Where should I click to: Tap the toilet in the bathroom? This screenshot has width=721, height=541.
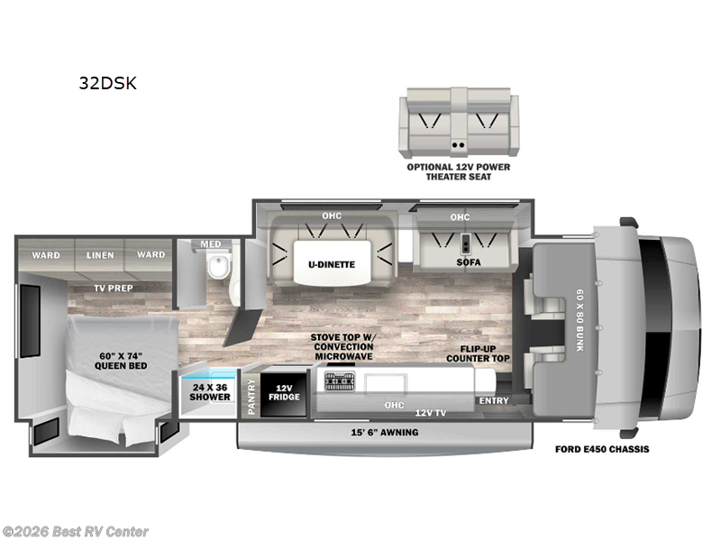point(215,267)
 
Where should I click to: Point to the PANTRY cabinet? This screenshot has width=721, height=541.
point(251,395)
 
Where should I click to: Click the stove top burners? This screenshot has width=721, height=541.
point(340,382)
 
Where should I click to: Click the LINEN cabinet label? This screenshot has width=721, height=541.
point(99,255)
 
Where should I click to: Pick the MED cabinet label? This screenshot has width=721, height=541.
point(210,243)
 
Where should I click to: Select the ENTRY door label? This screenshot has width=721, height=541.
point(493,400)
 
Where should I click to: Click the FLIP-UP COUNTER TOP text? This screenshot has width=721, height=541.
point(478,353)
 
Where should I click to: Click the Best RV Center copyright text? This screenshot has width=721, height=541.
point(76,532)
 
